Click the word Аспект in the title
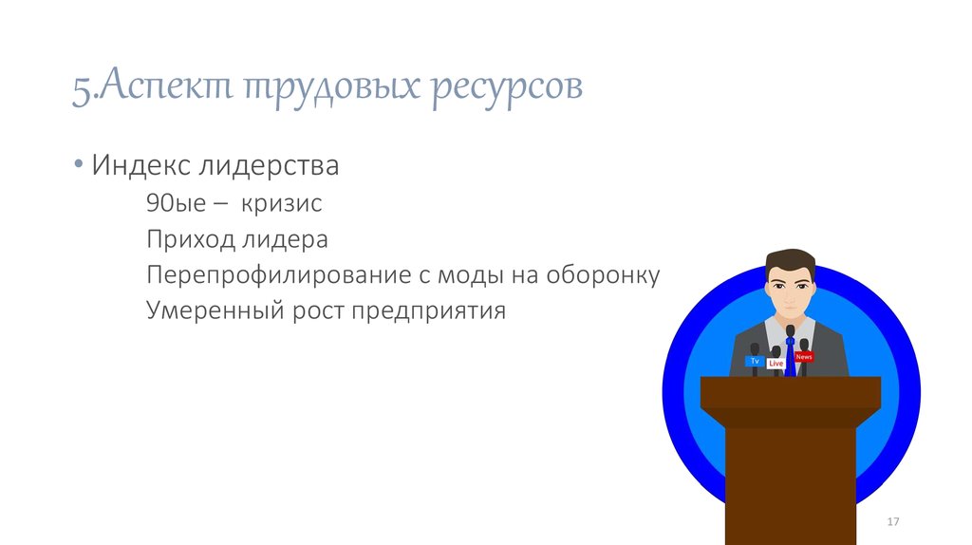click(160, 87)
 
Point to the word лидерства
click(269, 166)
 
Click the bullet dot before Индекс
click(77, 167)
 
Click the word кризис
click(282, 204)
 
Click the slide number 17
click(892, 523)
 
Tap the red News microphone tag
click(804, 356)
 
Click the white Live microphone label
click(776, 363)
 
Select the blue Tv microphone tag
click(755, 361)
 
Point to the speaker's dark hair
click(790, 258)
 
